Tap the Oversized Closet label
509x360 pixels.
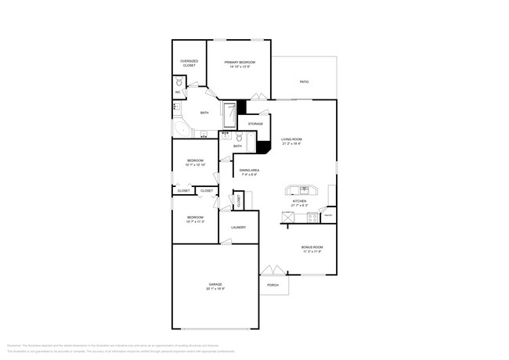pos(189,63)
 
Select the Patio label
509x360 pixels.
pos(304,81)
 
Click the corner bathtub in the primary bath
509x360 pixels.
pos(181,129)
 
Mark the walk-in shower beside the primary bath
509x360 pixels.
pos(229,113)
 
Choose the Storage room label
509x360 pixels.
pos(255,124)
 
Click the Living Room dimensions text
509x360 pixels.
pos(291,143)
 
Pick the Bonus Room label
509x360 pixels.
pos(312,247)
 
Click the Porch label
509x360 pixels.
pos(273,285)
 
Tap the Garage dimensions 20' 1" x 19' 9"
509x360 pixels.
pos(215,289)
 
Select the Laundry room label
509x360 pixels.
pos(238,228)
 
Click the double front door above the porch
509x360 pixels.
pos(271,271)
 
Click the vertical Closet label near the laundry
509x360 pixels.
pos(239,200)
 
